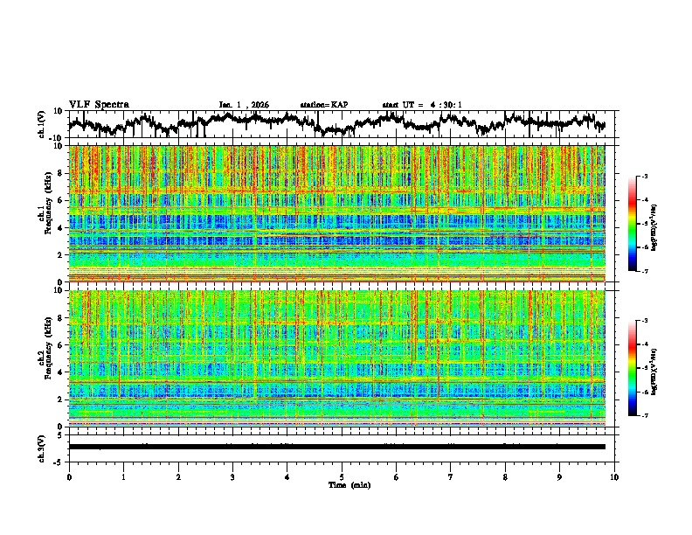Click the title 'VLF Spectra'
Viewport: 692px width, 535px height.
pos(99,105)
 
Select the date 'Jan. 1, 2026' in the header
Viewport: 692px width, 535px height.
pos(244,105)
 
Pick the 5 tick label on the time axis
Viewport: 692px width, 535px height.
pos(343,476)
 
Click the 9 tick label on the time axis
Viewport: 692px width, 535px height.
pos(560,476)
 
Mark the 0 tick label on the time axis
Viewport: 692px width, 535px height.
pos(69,476)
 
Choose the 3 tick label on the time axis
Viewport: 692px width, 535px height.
pos(233,476)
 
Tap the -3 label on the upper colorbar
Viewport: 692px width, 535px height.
pos(645,177)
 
